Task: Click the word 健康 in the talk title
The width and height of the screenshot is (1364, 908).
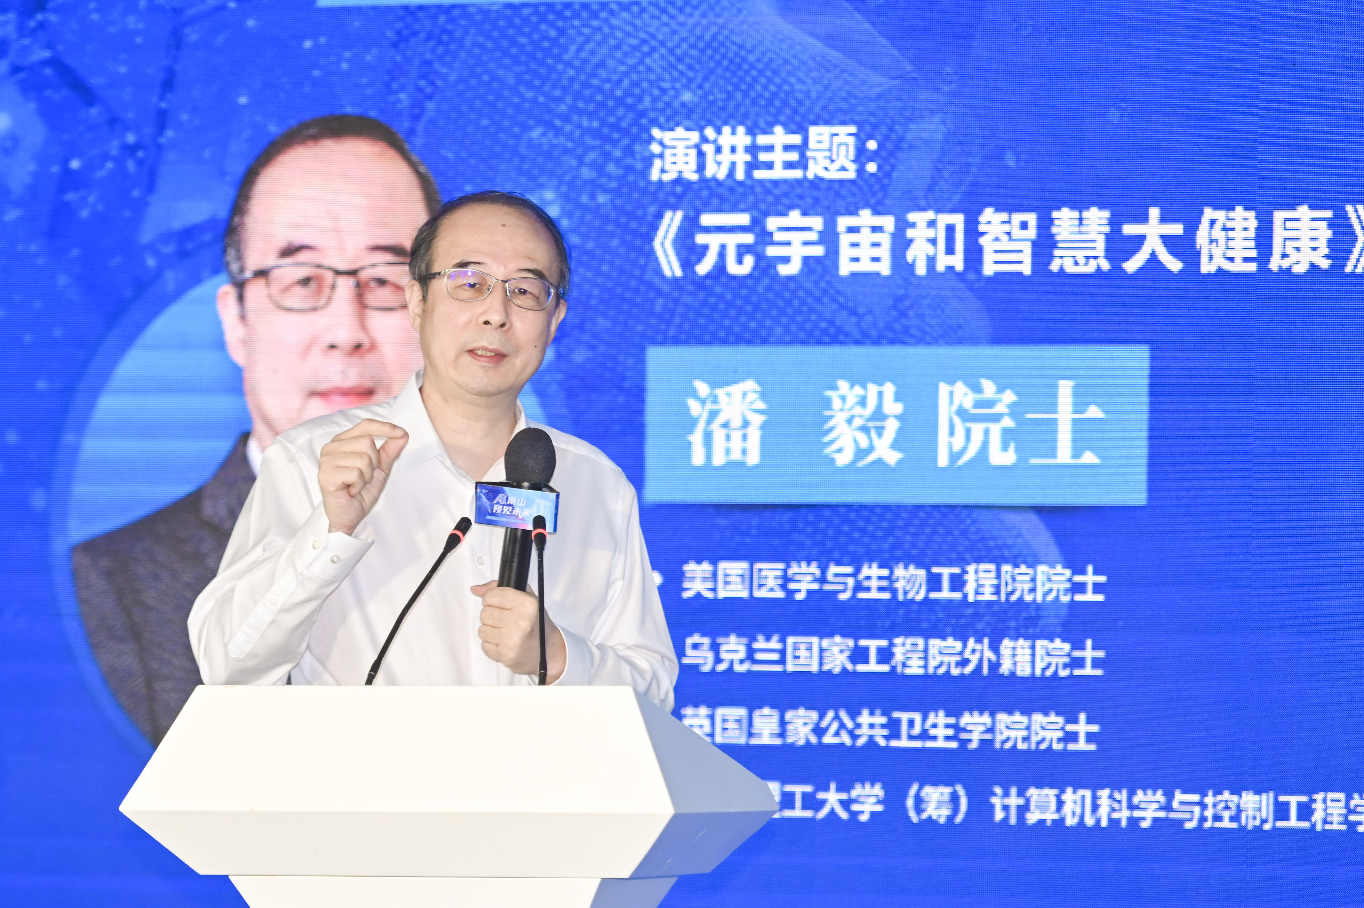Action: coord(1268,250)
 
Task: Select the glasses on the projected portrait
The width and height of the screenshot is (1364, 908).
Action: coord(324,290)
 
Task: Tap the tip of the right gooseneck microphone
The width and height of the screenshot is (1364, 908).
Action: coord(539,524)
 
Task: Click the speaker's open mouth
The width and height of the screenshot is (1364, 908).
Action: coord(484,353)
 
